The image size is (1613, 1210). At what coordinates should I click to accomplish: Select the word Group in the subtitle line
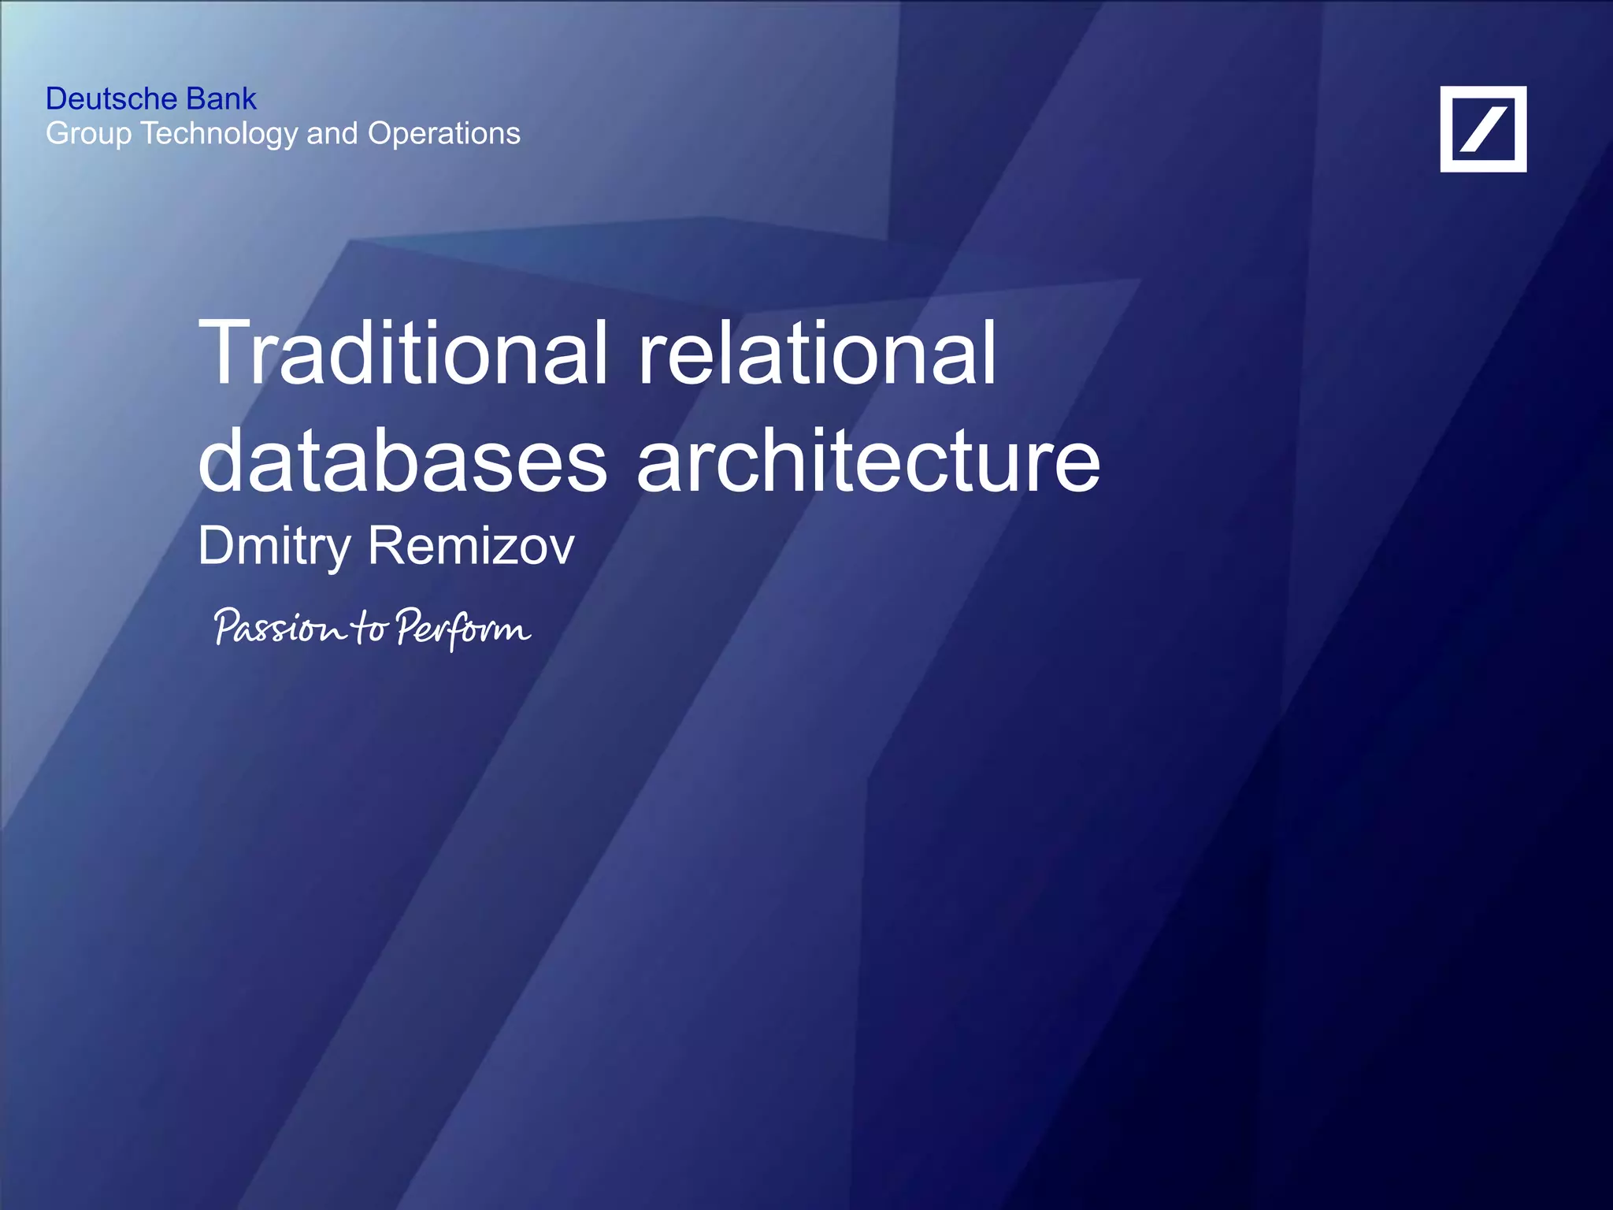(x=89, y=135)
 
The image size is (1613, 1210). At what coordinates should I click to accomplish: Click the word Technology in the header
(x=220, y=135)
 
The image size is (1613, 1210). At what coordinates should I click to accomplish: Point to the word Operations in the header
(x=444, y=135)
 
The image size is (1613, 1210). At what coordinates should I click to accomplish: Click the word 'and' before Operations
(x=332, y=134)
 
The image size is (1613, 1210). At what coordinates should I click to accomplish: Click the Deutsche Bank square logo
(x=1483, y=129)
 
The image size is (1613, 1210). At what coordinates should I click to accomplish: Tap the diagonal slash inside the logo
(x=1483, y=129)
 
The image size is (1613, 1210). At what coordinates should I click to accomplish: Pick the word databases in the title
(x=402, y=461)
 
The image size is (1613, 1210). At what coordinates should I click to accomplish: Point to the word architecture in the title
(x=868, y=461)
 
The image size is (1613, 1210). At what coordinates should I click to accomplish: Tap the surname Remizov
(x=471, y=545)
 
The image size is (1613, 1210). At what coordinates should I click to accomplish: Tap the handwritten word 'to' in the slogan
(x=369, y=628)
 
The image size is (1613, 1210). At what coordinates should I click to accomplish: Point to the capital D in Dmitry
(x=217, y=545)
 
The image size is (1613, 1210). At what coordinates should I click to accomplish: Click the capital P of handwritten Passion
(x=228, y=626)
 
